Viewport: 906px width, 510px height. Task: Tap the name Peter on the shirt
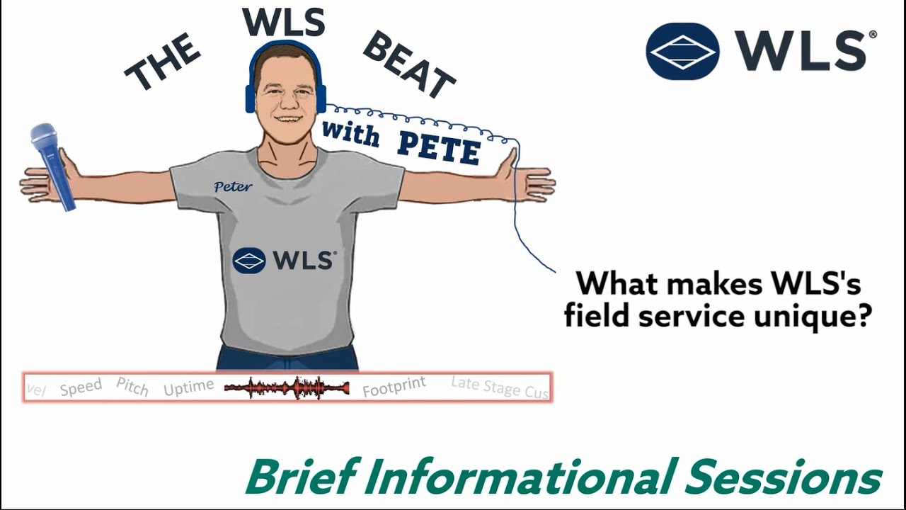pyautogui.click(x=233, y=186)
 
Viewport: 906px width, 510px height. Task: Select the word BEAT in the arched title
pyautogui.click(x=409, y=65)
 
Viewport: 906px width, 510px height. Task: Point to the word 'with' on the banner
pyautogui.click(x=350, y=132)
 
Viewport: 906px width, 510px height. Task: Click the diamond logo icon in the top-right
pyautogui.click(x=682, y=51)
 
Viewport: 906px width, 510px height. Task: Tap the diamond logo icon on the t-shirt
pyautogui.click(x=249, y=261)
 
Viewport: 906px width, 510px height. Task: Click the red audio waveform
pyautogui.click(x=287, y=388)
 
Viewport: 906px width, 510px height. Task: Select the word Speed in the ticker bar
pyautogui.click(x=81, y=387)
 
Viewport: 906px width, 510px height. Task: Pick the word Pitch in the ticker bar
pyautogui.click(x=132, y=387)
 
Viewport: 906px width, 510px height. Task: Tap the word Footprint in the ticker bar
pyautogui.click(x=394, y=387)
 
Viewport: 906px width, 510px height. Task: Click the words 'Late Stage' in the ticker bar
pyautogui.click(x=486, y=385)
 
